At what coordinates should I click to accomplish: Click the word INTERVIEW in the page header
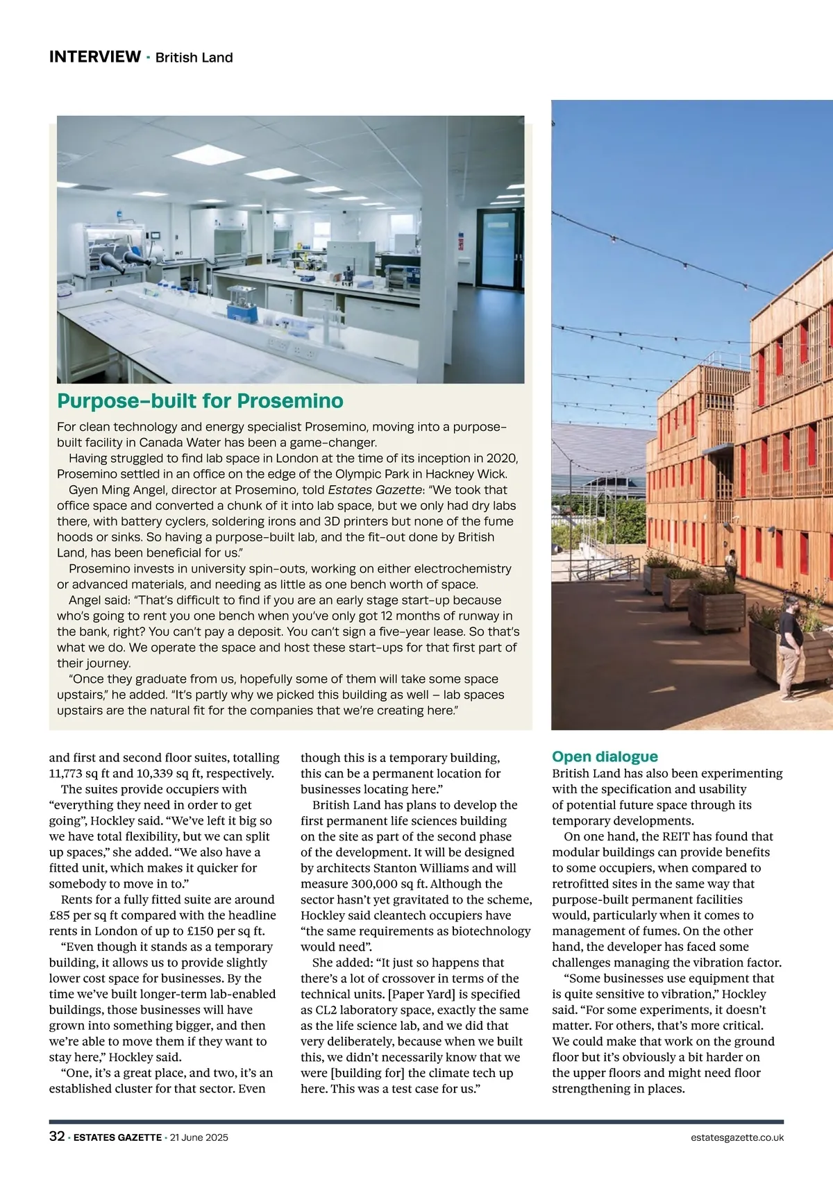coord(94,57)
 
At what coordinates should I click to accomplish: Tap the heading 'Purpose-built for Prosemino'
coord(200,401)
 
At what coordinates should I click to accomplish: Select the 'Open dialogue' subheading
coord(605,756)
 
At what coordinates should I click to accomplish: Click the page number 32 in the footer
coord(57,1137)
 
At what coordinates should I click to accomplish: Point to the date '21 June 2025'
coord(199,1137)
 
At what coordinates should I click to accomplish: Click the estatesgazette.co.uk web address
coord(737,1137)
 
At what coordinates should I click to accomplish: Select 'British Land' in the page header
coord(194,58)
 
